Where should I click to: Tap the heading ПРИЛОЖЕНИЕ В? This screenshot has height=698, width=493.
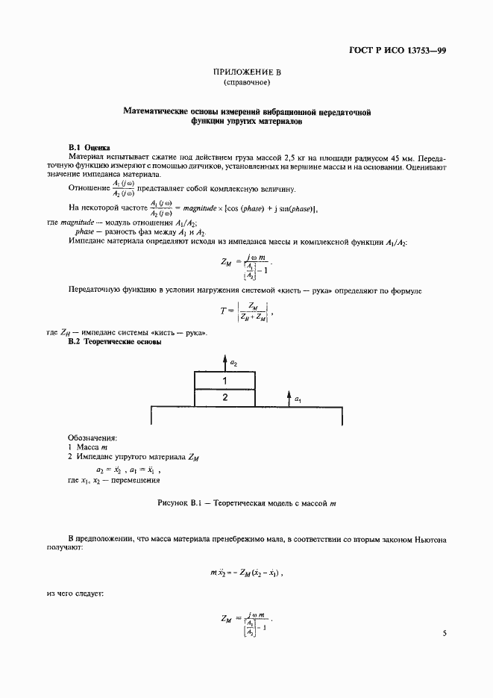coord(247,72)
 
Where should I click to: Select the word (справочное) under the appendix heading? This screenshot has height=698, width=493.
coord(247,83)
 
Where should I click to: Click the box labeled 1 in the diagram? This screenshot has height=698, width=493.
coord(224,381)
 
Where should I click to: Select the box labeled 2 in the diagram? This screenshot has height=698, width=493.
coord(224,398)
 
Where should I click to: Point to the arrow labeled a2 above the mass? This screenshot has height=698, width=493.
coord(224,362)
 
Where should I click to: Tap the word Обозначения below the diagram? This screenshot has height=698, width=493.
coord(93,437)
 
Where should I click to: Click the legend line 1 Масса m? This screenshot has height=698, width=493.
coord(88,446)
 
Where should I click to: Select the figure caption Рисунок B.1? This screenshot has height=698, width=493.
coord(247,504)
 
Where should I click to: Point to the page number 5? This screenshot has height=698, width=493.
coord(444,633)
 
